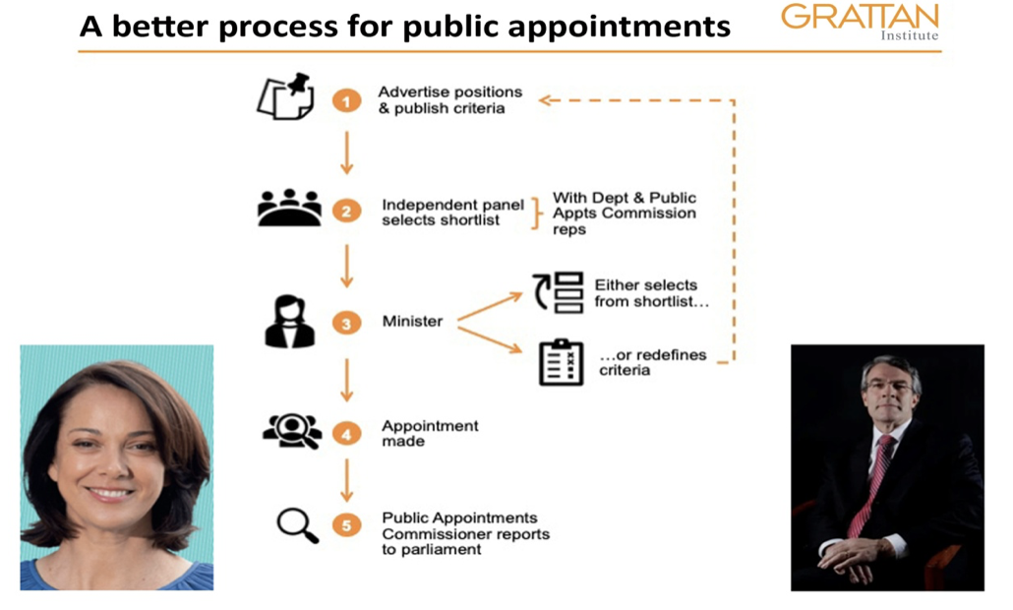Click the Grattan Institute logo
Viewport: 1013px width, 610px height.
point(860,23)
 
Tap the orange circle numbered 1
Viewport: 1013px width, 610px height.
point(345,100)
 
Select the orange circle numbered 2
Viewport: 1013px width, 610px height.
point(345,211)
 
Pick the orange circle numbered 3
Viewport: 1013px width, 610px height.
point(345,322)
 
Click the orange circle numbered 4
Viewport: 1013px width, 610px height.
point(345,432)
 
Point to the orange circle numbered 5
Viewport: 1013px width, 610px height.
point(345,525)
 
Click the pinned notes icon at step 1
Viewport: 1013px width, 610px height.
point(286,96)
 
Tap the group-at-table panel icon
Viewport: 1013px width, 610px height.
point(289,208)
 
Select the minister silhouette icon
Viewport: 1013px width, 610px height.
point(290,321)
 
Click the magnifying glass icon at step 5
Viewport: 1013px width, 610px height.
point(297,525)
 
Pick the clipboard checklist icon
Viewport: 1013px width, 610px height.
point(562,361)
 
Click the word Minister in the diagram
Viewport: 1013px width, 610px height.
point(412,322)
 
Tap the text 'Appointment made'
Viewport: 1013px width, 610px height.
point(430,434)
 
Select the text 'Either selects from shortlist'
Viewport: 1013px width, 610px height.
point(651,293)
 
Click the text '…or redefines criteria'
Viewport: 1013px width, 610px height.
point(652,362)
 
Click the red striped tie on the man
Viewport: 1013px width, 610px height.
point(869,485)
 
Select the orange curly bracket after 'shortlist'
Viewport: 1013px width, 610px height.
point(537,213)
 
